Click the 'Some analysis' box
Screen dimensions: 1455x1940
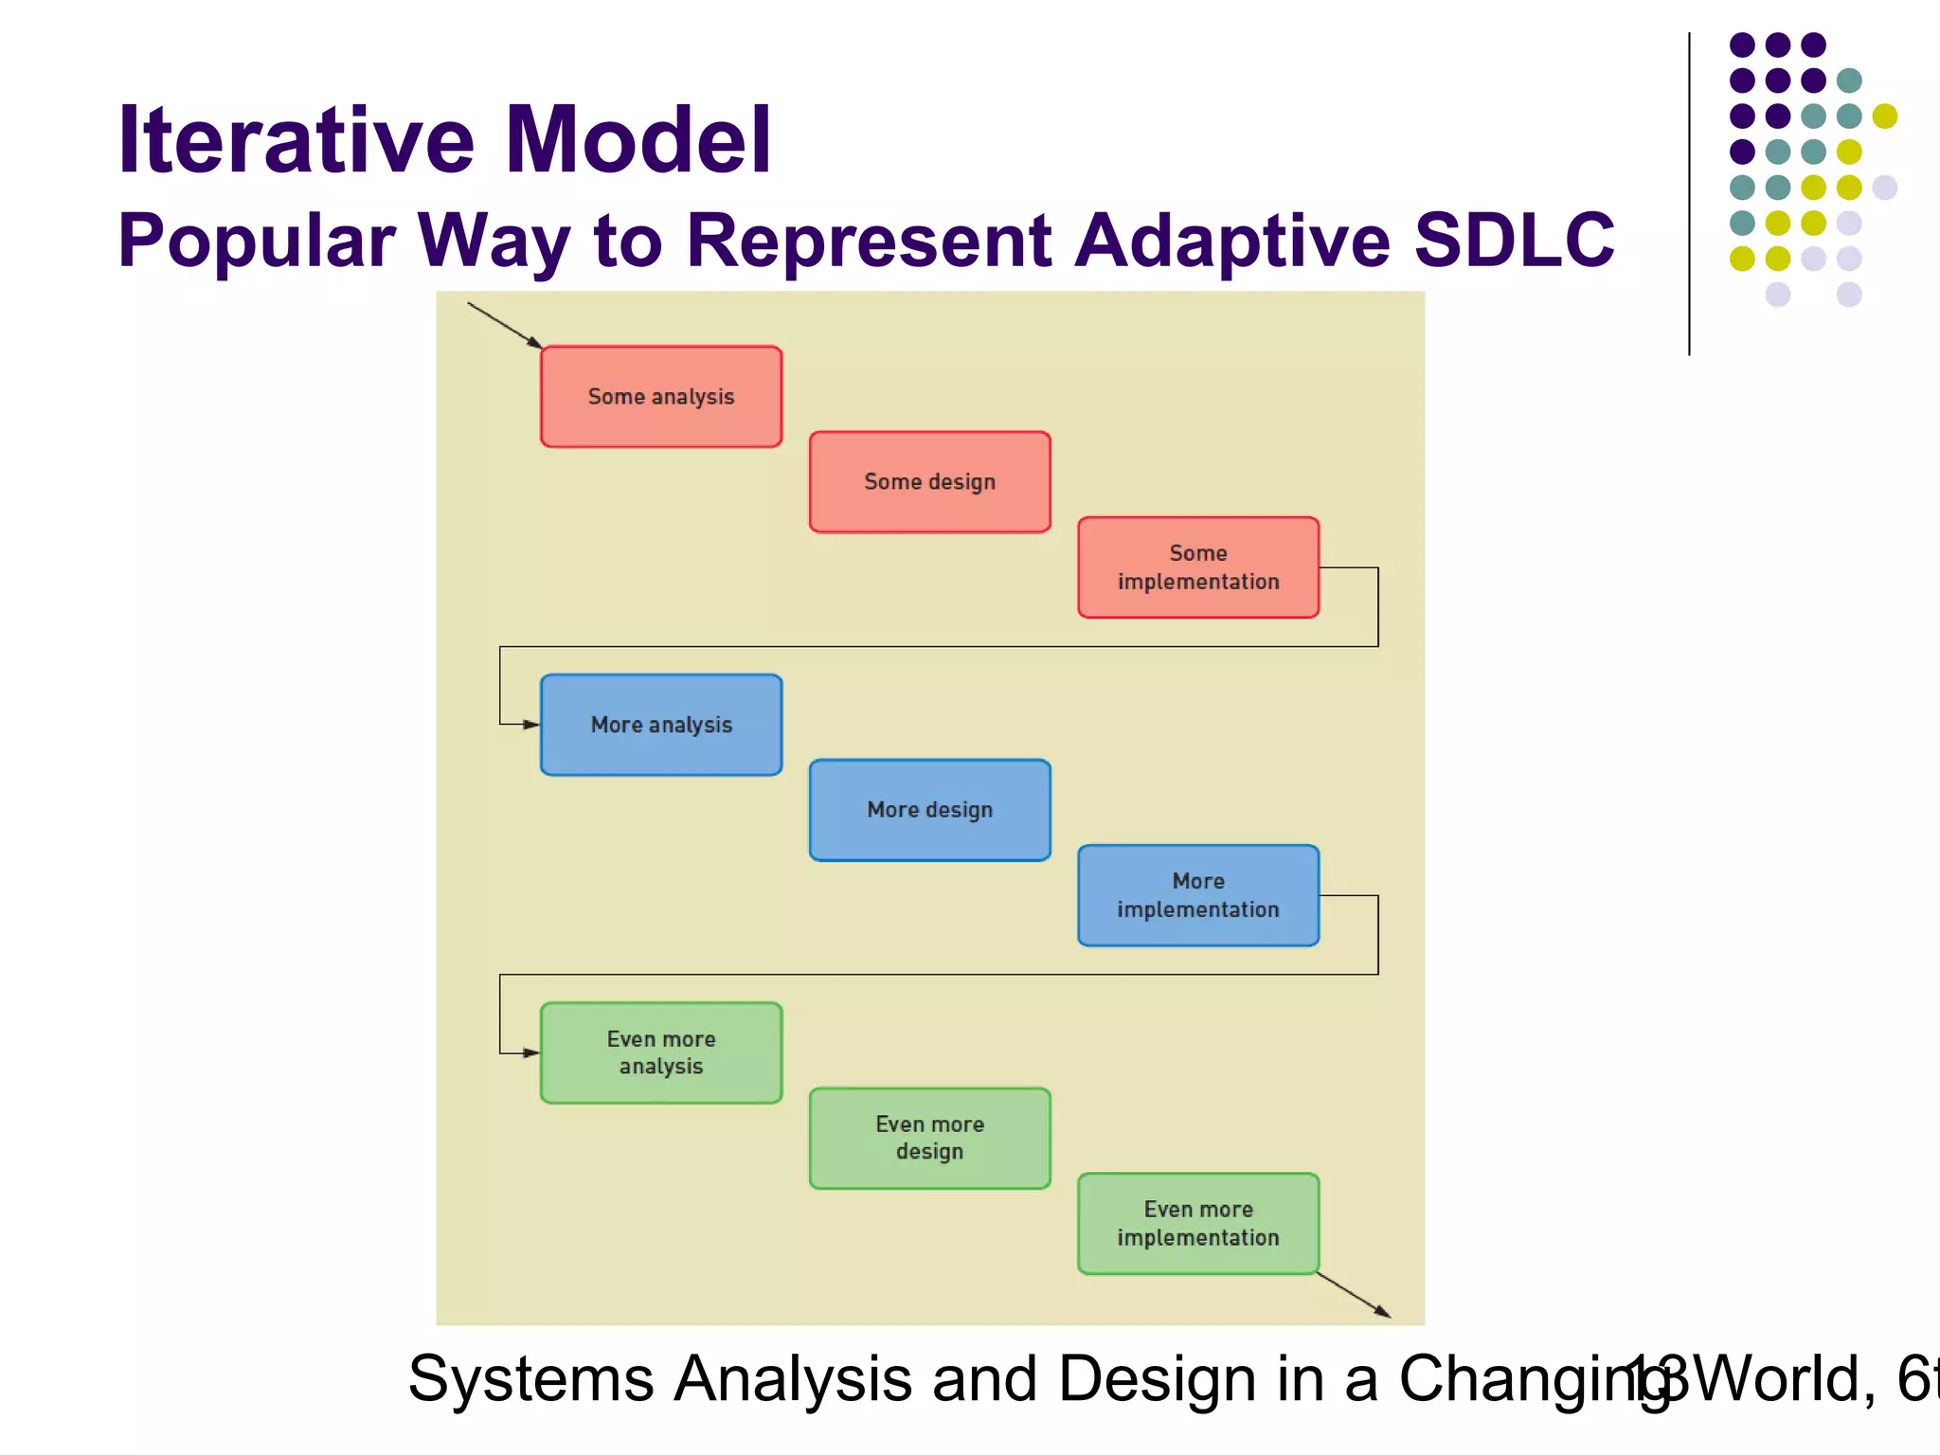[x=661, y=397]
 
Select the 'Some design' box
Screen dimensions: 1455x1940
[x=929, y=482]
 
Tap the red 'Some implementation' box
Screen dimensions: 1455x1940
[x=1198, y=567]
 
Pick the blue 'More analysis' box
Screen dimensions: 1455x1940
[x=661, y=725]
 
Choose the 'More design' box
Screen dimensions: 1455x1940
[x=929, y=810]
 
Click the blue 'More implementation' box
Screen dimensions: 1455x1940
[x=1198, y=895]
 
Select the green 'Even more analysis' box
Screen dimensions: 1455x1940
[x=661, y=1052]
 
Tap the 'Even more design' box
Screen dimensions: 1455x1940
[x=929, y=1138]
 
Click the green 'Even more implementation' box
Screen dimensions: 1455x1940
[x=1198, y=1223]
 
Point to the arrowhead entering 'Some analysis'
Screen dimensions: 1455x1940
[x=535, y=342]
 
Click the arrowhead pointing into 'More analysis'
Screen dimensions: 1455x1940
[x=530, y=725]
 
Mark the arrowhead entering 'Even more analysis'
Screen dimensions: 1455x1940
[x=530, y=1052]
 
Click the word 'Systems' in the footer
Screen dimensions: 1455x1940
[x=530, y=1378]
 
